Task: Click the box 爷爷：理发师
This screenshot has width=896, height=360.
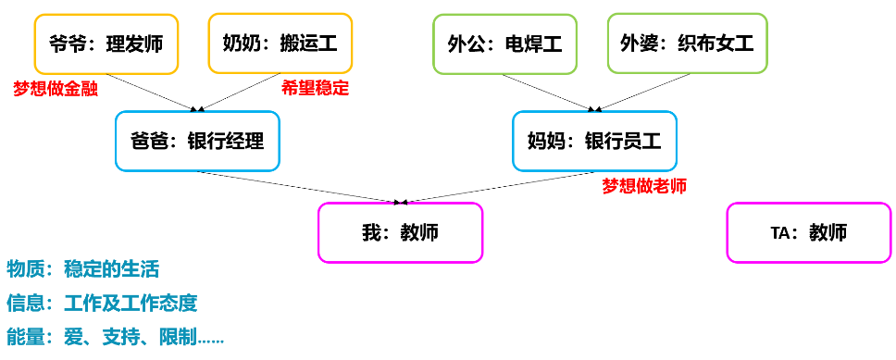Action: (104, 43)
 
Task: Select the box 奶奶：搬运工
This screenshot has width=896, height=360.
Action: (280, 43)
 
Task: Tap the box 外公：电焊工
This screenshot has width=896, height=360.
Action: (504, 43)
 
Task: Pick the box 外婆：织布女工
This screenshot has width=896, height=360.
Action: (688, 43)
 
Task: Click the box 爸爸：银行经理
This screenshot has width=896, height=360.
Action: (198, 142)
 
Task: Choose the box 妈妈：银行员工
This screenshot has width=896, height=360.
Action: (594, 142)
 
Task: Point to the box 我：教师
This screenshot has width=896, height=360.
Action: (400, 232)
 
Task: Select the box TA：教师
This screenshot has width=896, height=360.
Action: (808, 232)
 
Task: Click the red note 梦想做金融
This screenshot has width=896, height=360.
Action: (56, 89)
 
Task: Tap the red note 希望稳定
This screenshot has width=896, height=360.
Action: (315, 89)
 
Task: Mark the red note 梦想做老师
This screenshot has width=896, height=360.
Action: (644, 186)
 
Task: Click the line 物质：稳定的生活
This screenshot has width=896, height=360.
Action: (83, 269)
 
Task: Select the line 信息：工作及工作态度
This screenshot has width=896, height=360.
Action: (102, 304)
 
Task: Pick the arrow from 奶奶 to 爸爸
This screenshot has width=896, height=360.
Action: (240, 92)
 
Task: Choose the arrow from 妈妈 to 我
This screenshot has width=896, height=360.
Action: (500, 186)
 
